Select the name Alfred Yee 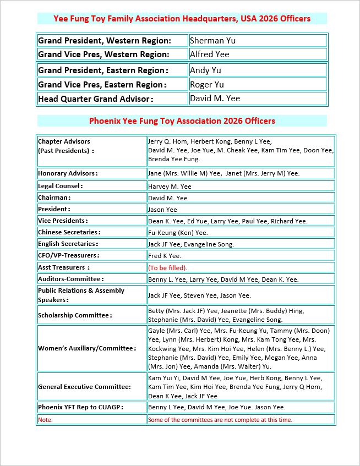pyautogui.click(x=209, y=54)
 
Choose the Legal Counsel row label pyautogui.click(x=60, y=186)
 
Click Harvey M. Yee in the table pyautogui.click(x=170, y=187)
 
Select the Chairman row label pyautogui.click(x=54, y=198)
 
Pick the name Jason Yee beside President pyautogui.click(x=162, y=210)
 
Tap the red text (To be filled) pyautogui.click(x=167, y=268)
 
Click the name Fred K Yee pyautogui.click(x=165, y=256)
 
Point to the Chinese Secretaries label pyautogui.click(x=68, y=232)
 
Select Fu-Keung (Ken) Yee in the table pyautogui.click(x=178, y=233)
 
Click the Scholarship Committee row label pyautogui.click(x=75, y=315)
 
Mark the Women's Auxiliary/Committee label pyautogui.click(x=86, y=348)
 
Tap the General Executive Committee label pyautogui.click(x=84, y=387)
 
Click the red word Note pyautogui.click(x=45, y=420)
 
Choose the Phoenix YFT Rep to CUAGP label pyautogui.click(x=80, y=407)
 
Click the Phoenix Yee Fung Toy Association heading pyautogui.click(x=182, y=120)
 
